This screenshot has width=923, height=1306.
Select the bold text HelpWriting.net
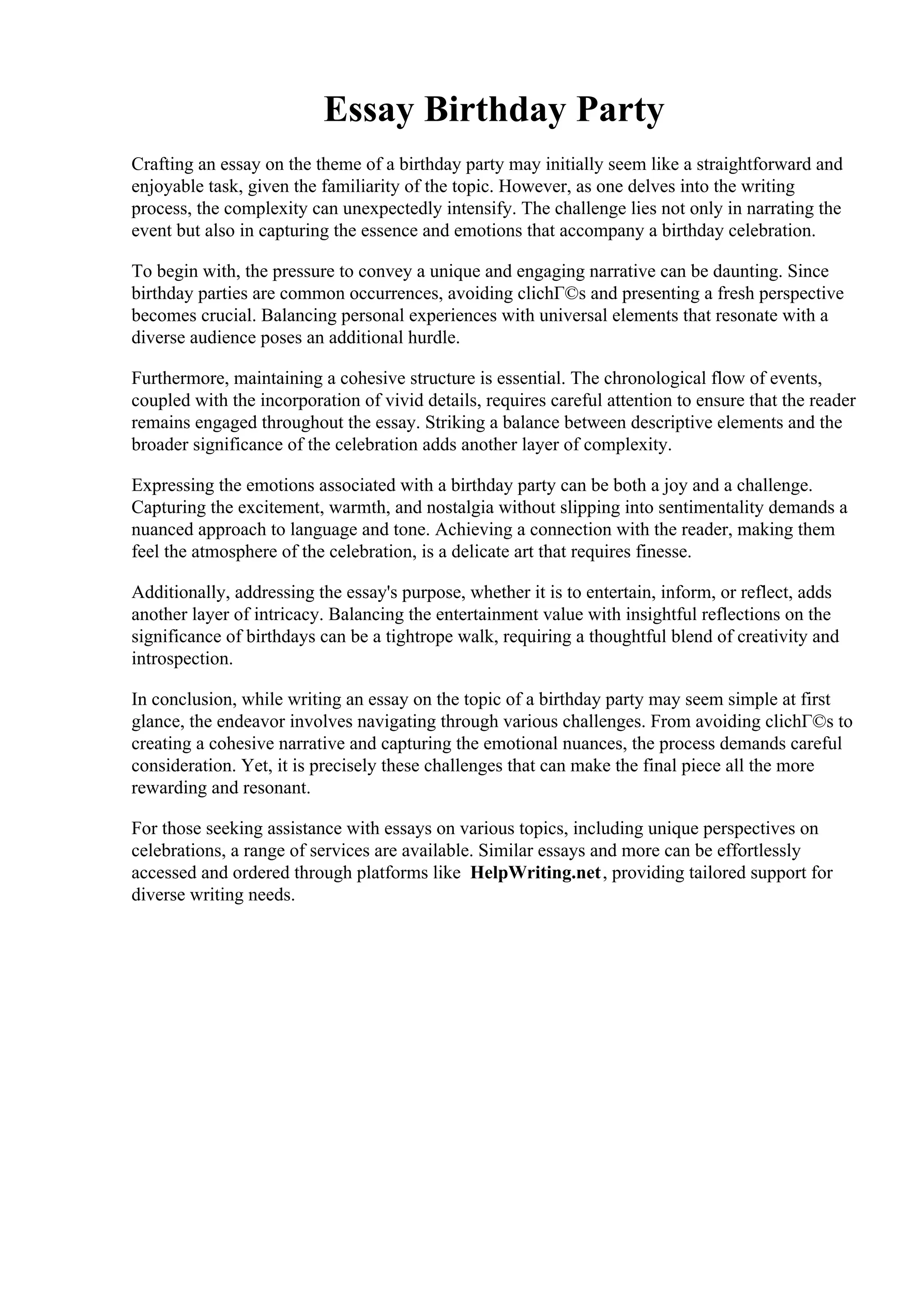[535, 872]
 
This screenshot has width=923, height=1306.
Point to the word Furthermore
[179, 378]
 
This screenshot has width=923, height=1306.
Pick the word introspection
[182, 659]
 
